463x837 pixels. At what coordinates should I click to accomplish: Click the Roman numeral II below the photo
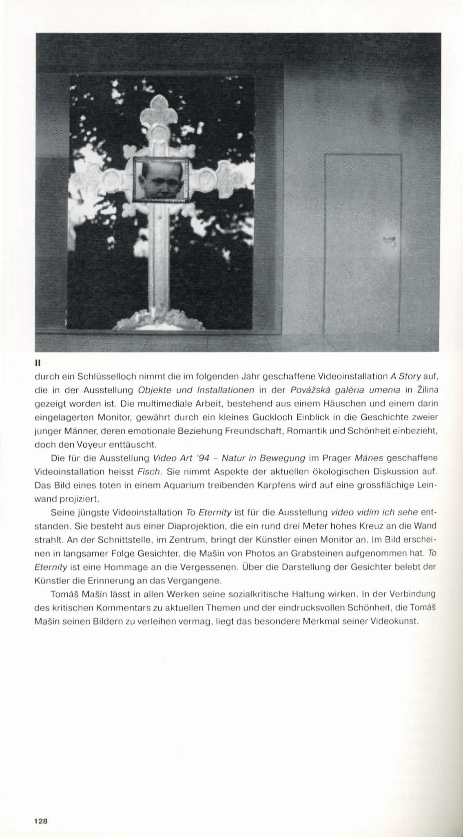37,362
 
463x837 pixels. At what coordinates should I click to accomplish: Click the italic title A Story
405,376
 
